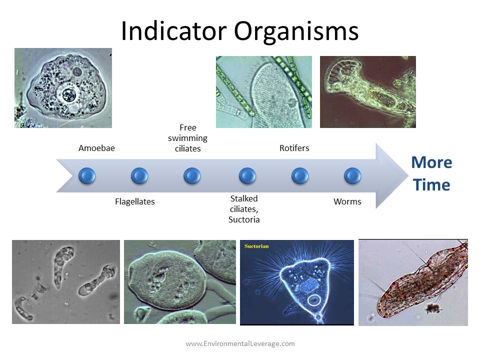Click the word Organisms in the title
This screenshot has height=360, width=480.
(x=296, y=31)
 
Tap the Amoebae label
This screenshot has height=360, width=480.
(x=96, y=148)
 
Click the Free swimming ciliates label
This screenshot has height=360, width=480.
(x=187, y=138)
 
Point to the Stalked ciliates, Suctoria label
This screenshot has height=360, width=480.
(x=244, y=209)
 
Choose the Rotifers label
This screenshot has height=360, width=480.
(x=294, y=148)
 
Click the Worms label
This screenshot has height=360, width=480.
(x=347, y=202)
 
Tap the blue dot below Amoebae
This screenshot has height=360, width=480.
(x=87, y=175)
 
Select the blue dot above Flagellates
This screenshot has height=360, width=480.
(x=139, y=175)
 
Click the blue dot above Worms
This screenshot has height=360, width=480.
(x=352, y=175)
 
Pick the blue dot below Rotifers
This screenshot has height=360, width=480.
(x=300, y=175)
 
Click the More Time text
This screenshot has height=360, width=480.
(x=431, y=173)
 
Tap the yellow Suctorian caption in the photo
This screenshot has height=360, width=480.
(x=257, y=246)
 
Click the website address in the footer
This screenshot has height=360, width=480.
(x=240, y=343)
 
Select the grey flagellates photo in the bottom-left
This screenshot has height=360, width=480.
(x=65, y=281)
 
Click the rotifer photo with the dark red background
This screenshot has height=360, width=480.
(x=367, y=91)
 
